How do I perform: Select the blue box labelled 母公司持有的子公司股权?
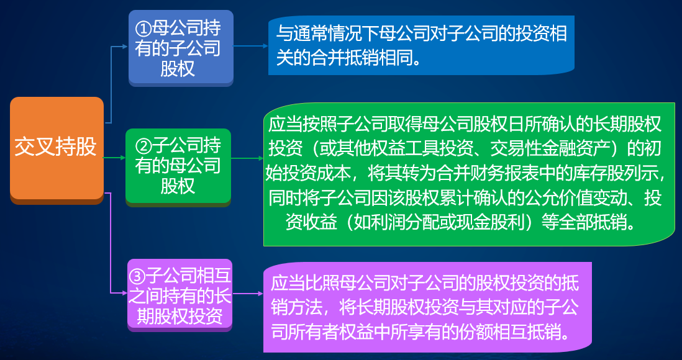click(181, 48)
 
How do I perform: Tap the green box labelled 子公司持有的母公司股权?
click(178, 167)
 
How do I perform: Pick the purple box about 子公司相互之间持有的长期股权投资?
click(180, 295)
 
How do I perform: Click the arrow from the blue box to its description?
click(251, 46)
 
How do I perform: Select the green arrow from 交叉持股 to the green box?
click(114, 158)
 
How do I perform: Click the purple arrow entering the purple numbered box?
click(111, 243)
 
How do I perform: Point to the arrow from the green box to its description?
click(247, 159)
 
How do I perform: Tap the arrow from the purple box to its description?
click(248, 294)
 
